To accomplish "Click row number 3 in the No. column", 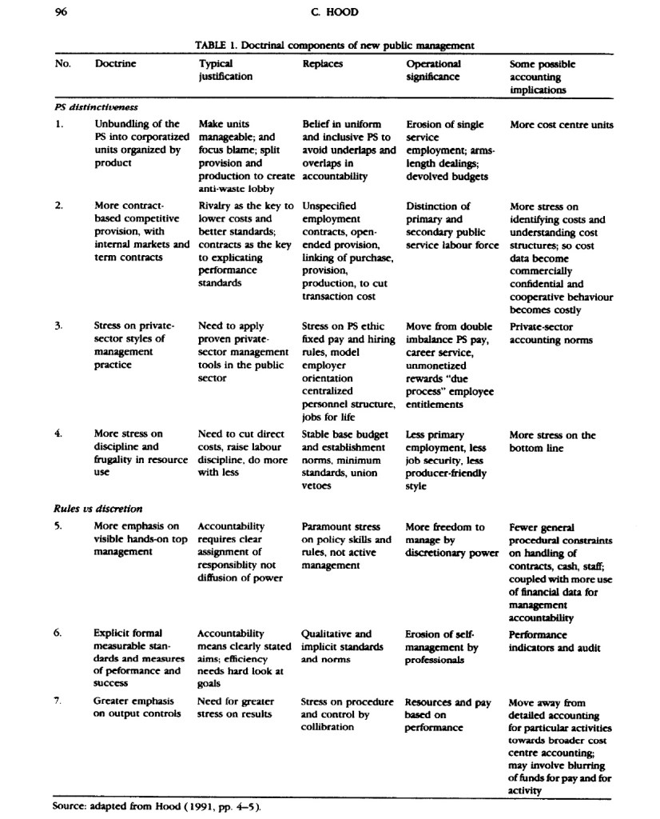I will click(58, 326).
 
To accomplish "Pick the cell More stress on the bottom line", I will click(552, 441).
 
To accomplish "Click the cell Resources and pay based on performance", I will click(447, 715).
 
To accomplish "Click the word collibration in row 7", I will click(330, 729).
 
